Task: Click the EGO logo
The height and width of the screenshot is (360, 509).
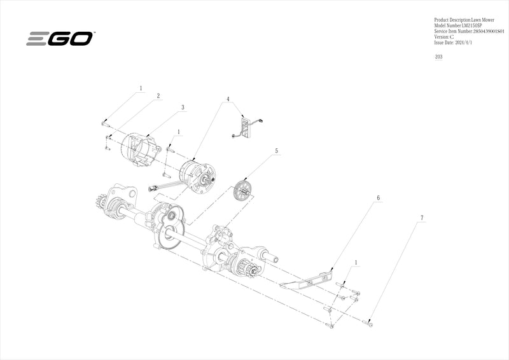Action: tap(60, 39)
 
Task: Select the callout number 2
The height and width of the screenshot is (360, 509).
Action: tap(158, 96)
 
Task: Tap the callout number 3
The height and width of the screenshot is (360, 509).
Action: tap(183, 108)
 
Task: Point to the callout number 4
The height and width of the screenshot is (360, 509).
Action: tap(227, 100)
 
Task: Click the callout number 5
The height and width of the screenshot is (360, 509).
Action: tap(277, 151)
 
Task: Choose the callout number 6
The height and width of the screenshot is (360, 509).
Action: tap(378, 198)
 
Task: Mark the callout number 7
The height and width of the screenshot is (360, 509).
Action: tap(421, 218)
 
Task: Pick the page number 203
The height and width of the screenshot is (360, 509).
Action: tap(438, 57)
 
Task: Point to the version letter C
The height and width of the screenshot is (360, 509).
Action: tap(452, 37)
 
